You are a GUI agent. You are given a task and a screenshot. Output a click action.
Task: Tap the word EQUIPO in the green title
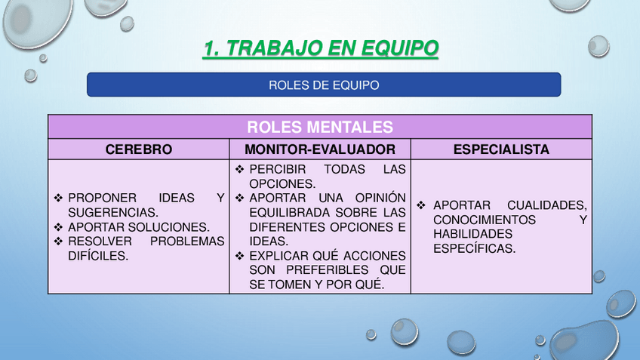(x=399, y=48)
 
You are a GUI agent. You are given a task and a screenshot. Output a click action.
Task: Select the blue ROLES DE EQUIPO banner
(x=324, y=85)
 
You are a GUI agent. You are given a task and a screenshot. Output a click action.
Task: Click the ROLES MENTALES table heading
(x=320, y=127)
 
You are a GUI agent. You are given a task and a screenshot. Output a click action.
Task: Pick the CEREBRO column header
(x=139, y=149)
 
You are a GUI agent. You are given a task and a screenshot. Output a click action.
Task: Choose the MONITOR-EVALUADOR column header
(x=320, y=149)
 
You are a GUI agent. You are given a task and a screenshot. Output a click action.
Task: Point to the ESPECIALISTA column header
(x=501, y=149)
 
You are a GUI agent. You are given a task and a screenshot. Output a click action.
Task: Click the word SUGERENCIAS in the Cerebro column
(x=113, y=213)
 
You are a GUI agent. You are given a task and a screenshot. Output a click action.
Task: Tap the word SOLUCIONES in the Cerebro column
(x=168, y=227)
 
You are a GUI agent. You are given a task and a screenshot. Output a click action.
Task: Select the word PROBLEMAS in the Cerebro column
(x=187, y=242)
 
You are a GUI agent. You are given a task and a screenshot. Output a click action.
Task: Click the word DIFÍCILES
(x=98, y=256)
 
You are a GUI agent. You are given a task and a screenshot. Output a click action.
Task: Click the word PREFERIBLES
(x=328, y=270)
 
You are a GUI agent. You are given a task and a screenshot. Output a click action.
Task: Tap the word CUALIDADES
(x=547, y=205)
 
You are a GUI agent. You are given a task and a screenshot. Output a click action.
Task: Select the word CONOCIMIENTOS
(x=485, y=220)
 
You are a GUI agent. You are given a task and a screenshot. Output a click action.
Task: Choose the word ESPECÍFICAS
(x=474, y=248)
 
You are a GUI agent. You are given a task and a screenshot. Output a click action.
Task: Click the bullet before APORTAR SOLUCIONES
(x=58, y=227)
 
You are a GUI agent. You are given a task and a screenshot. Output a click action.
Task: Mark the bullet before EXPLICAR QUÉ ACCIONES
(x=239, y=256)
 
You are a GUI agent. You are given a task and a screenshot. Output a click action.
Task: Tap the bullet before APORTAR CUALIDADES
(x=421, y=205)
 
